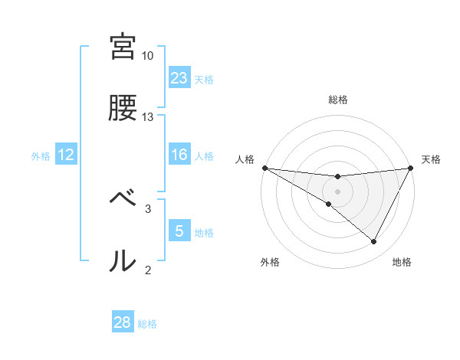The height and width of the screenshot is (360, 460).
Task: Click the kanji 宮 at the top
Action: click(123, 47)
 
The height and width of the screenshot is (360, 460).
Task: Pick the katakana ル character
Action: click(123, 261)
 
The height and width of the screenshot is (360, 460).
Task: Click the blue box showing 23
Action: click(179, 78)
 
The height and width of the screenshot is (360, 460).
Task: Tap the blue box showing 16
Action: click(179, 155)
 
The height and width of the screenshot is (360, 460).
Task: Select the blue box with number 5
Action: click(179, 231)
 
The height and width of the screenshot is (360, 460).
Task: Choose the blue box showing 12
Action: click(66, 155)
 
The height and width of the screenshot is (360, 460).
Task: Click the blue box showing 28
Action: click(123, 322)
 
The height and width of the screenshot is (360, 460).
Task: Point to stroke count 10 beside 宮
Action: click(148, 56)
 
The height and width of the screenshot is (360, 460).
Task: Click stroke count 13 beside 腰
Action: click(148, 117)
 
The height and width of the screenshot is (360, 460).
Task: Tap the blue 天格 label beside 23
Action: click(204, 79)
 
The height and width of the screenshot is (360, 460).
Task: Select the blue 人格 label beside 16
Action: click(204, 156)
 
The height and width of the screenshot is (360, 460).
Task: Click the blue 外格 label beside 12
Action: click(41, 156)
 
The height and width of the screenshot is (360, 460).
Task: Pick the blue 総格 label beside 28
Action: click(147, 323)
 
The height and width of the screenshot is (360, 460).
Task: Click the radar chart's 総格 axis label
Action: click(338, 100)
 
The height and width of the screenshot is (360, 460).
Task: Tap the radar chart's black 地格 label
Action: click(402, 262)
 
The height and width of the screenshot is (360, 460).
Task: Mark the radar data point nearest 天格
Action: click(411, 168)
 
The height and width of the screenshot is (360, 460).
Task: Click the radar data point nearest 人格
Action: click(264, 168)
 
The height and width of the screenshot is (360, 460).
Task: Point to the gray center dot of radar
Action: click(338, 191)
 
